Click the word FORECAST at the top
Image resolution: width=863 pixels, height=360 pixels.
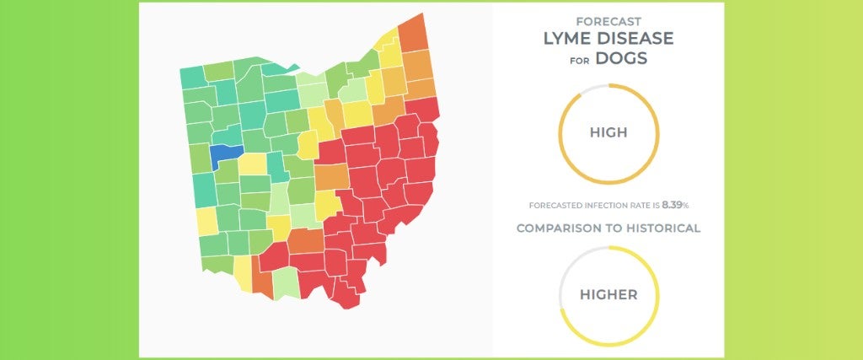pos(608,20)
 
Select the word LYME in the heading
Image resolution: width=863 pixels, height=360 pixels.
pos(569,39)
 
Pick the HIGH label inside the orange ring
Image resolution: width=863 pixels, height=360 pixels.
pos(608,133)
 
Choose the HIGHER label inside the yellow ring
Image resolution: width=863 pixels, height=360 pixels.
pos(608,295)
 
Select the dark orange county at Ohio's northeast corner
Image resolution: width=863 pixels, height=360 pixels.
pos(412,32)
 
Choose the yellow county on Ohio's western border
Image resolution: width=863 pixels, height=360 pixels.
pos(206,221)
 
